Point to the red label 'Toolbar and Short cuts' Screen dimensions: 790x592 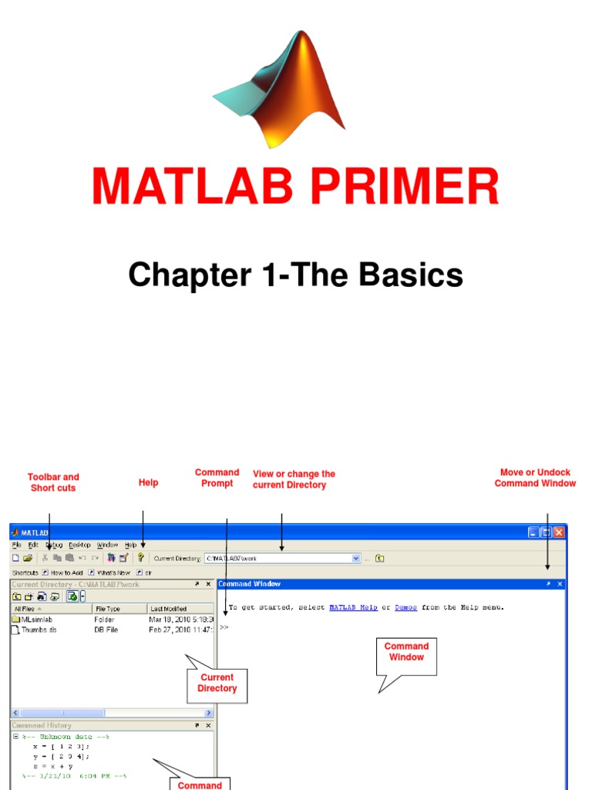[x=53, y=482]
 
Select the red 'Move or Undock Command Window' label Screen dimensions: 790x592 [x=535, y=478]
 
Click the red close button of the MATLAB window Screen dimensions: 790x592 [x=559, y=532]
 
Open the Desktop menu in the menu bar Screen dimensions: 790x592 [x=79, y=545]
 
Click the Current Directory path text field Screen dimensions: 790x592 [x=277, y=558]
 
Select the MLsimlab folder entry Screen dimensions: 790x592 [x=35, y=619]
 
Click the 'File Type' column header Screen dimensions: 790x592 [x=108, y=609]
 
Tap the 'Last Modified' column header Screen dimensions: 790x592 [x=169, y=609]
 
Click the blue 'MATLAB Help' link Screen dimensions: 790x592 [x=353, y=607]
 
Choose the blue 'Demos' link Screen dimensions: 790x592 [x=406, y=607]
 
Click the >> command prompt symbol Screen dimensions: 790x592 [x=224, y=627]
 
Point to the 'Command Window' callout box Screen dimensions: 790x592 [x=406, y=652]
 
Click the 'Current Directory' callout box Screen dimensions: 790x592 [x=217, y=683]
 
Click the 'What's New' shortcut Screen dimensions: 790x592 [x=113, y=572]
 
